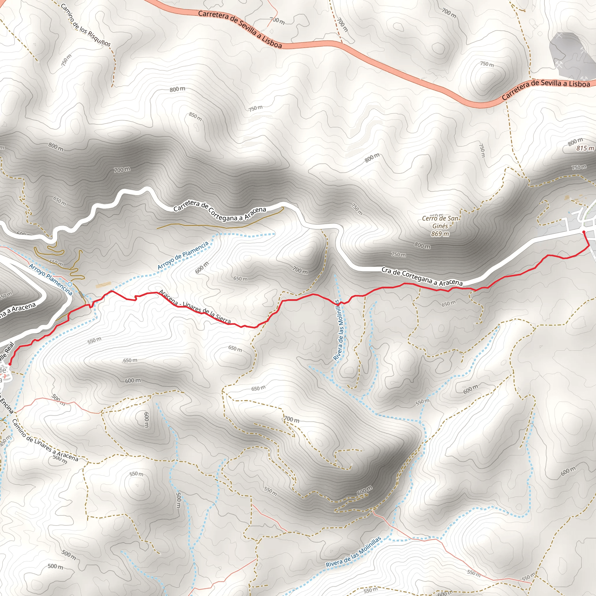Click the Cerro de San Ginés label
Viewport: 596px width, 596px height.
(x=440, y=222)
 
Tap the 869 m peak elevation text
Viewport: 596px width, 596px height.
(x=440, y=234)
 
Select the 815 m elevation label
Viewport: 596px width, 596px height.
(x=585, y=148)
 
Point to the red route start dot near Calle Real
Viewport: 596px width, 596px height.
(x=10, y=364)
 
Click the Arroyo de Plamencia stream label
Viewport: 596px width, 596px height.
(x=183, y=256)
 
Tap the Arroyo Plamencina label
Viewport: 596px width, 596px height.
(x=51, y=279)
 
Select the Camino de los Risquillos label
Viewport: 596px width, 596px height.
(x=86, y=25)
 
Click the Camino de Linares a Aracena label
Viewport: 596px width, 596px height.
(x=45, y=441)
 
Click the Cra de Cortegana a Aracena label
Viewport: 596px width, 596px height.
(x=422, y=276)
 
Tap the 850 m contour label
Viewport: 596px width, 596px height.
(x=196, y=117)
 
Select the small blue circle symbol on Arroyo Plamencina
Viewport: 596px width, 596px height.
(x=70, y=284)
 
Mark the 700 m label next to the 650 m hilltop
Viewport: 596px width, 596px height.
(x=300, y=270)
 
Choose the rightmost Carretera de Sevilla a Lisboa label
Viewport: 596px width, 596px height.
(x=546, y=88)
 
